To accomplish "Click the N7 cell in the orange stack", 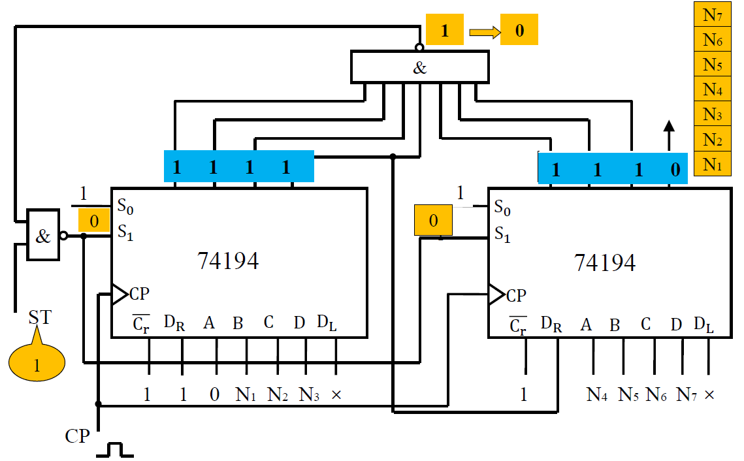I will [713, 14].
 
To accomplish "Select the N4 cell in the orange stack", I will [713, 88].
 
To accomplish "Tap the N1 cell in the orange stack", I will [713, 163].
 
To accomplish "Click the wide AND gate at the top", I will [419, 67].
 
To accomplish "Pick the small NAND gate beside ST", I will [43, 236].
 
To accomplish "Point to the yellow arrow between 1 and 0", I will [483, 31].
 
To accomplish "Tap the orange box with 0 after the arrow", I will [519, 31].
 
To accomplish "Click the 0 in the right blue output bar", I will [675, 170].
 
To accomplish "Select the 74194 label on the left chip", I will [228, 261].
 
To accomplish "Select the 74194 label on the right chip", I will [604, 262].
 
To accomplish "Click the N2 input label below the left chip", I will [278, 394].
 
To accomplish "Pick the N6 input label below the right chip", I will [656, 394].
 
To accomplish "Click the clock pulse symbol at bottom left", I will [115, 449].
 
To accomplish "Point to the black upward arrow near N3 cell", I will [668, 135].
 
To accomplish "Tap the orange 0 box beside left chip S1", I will [94, 221].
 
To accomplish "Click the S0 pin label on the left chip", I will [125, 206].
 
